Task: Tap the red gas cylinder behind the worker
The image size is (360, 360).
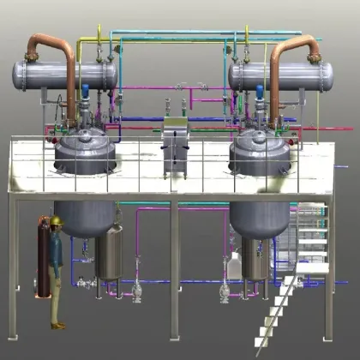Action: [39, 257]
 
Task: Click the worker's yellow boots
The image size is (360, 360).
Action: [57, 324]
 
